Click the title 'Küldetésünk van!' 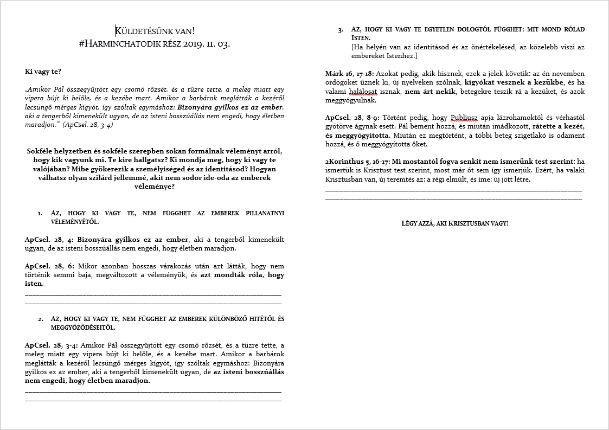(155, 31)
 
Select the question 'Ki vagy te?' (43, 72)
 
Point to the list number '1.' (40, 213)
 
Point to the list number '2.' (40, 318)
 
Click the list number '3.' (340, 29)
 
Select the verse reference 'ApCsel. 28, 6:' (50, 266)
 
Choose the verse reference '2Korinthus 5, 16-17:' (357, 162)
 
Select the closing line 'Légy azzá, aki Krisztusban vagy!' (454, 223)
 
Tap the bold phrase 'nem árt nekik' (430, 91)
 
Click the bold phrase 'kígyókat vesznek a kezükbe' (508, 82)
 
